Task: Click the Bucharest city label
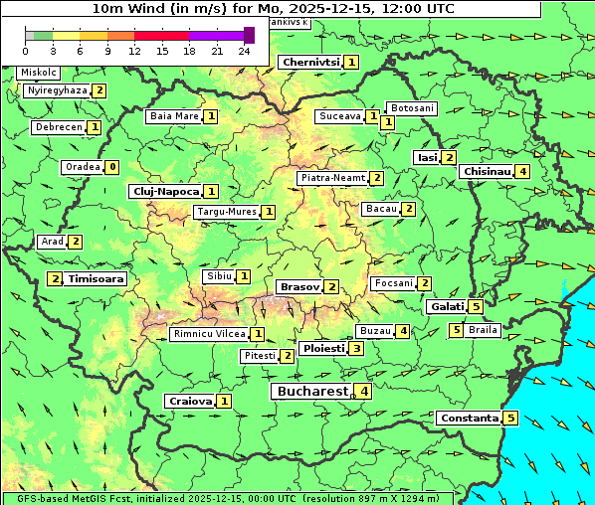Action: pyautogui.click(x=310, y=392)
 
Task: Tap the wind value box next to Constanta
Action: pyautogui.click(x=510, y=418)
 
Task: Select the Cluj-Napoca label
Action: pyautogui.click(x=164, y=191)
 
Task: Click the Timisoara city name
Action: pyautogui.click(x=97, y=279)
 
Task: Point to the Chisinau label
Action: pyautogui.click(x=487, y=171)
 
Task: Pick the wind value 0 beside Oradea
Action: pyautogui.click(x=112, y=167)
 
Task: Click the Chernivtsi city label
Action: pyautogui.click(x=310, y=62)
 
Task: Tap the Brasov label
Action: pyautogui.click(x=299, y=286)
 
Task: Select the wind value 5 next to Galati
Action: pyautogui.click(x=476, y=307)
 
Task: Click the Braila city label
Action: pyautogui.click(x=483, y=329)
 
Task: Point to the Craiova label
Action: pyautogui.click(x=190, y=401)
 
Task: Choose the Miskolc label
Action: pyautogui.click(x=39, y=73)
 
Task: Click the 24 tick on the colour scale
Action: pyautogui.click(x=244, y=50)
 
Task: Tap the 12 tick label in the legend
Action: pyautogui.click(x=134, y=50)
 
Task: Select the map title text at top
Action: pyautogui.click(x=274, y=8)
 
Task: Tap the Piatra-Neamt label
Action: pyautogui.click(x=333, y=178)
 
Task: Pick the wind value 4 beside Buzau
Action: pyautogui.click(x=402, y=331)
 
